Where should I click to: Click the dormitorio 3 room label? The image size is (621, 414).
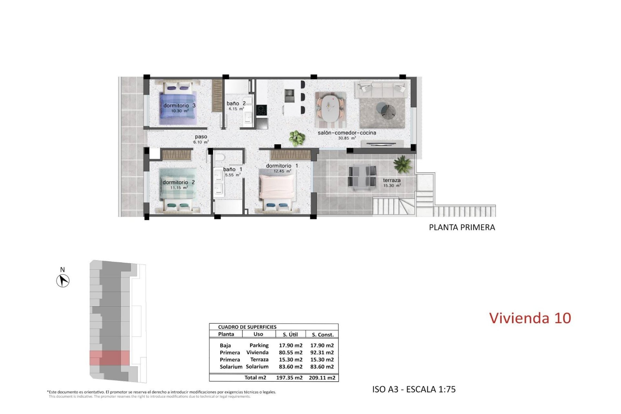179,105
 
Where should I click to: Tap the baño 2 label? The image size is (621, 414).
236,103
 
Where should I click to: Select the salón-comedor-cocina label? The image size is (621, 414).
347,133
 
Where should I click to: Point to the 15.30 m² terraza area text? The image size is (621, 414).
392,186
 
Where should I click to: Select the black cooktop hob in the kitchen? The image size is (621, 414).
261,110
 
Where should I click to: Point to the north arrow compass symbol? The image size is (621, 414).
63,280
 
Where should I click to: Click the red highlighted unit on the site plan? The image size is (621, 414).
110,358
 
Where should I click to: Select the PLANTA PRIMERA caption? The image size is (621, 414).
462,227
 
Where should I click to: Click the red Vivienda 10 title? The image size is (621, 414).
530,318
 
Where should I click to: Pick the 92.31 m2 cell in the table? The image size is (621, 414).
322,353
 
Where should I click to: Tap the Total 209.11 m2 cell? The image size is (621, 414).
322,377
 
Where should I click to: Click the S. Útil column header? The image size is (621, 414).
290,334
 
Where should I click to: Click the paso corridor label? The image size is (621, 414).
201,137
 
